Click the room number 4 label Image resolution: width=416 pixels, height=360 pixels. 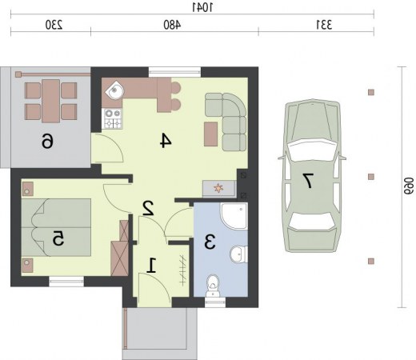[x=166, y=141]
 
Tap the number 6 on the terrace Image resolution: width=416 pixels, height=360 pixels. [x=47, y=141]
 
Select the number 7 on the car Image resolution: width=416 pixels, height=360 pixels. [x=308, y=181]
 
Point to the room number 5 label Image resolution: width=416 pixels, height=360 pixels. [x=58, y=238]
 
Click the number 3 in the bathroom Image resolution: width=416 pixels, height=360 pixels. [x=210, y=242]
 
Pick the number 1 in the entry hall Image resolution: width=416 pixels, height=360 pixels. [x=151, y=266]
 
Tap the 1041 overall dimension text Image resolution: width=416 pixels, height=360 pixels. [x=202, y=7]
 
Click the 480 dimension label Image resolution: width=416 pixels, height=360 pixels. [x=172, y=25]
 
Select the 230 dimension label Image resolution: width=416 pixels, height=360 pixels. [x=54, y=25]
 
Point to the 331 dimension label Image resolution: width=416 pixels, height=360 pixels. [x=324, y=25]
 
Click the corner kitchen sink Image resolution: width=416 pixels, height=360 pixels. [x=115, y=90]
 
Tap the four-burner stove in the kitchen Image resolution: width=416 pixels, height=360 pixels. [x=112, y=118]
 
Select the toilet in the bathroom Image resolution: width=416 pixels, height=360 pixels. [x=213, y=286]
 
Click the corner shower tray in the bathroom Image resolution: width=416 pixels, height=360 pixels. [x=234, y=215]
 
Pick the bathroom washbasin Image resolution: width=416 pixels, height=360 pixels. [x=238, y=254]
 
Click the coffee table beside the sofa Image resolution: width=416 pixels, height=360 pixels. [x=210, y=134]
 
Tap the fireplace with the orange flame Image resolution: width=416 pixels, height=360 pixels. [x=219, y=189]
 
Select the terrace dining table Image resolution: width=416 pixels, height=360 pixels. [x=50, y=101]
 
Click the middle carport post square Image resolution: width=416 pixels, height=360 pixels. [x=371, y=177]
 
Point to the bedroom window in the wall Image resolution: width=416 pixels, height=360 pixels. [x=66, y=282]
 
